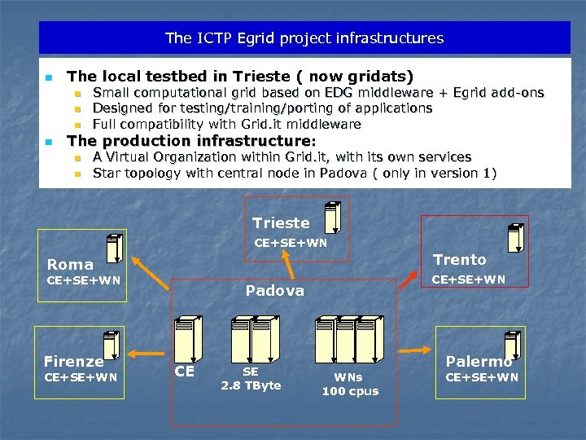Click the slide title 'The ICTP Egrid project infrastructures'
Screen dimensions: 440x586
coord(304,38)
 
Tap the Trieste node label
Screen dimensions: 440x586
coord(281,222)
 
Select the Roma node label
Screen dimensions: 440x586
coord(70,264)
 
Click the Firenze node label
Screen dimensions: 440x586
coord(73,361)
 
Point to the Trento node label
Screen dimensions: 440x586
coord(459,260)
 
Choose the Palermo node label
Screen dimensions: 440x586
coord(479,361)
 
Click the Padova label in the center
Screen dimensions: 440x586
coord(275,290)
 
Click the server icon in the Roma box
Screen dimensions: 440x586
coord(113,249)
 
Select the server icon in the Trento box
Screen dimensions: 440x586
coord(514,237)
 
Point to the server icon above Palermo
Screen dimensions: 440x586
coord(511,344)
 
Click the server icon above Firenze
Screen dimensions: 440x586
coord(111,345)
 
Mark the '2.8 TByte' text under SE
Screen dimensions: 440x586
coord(251,385)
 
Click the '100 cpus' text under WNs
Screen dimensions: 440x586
coord(350,391)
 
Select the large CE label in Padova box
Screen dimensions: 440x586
coord(185,372)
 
